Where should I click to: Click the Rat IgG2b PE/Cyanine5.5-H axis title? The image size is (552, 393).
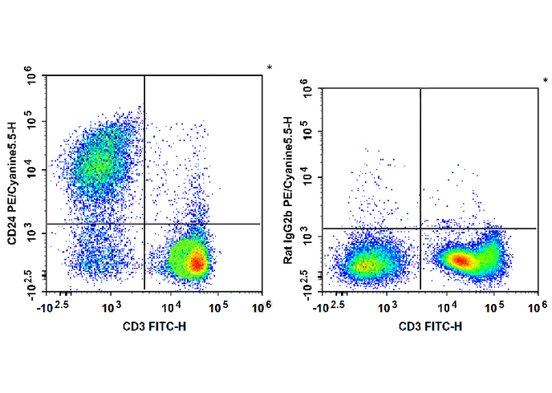point(288,190)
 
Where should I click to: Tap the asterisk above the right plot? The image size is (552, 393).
point(546,81)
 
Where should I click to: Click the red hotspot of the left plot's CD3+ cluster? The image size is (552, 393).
point(197,261)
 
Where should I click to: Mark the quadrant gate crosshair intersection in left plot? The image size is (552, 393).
point(144,224)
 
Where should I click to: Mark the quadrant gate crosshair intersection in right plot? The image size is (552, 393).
point(420,229)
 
